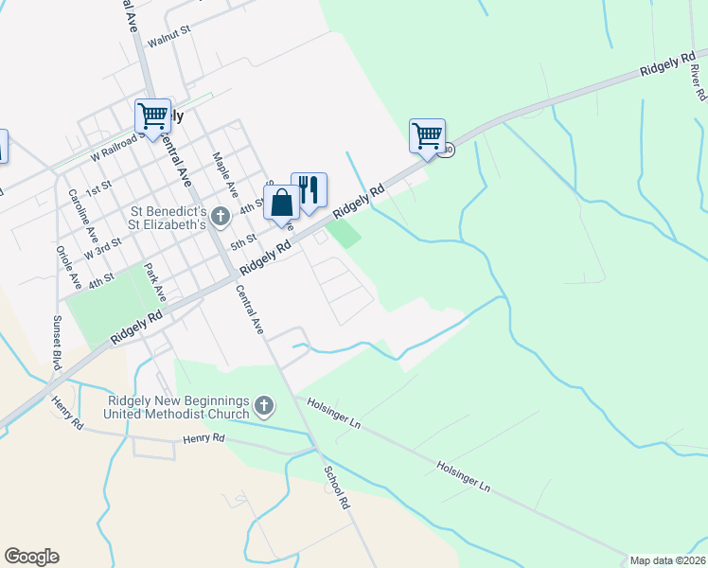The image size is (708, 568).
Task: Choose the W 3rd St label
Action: [x=102, y=249]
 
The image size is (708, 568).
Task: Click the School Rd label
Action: [x=337, y=488]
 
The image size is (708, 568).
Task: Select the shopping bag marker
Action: [x=282, y=204]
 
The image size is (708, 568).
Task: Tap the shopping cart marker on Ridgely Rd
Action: [x=427, y=136]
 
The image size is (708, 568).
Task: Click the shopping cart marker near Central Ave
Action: [x=152, y=116]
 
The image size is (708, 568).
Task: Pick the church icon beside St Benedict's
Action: [x=221, y=218]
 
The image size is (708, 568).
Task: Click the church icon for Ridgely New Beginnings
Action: [x=264, y=407]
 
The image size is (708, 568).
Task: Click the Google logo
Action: [x=31, y=557]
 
